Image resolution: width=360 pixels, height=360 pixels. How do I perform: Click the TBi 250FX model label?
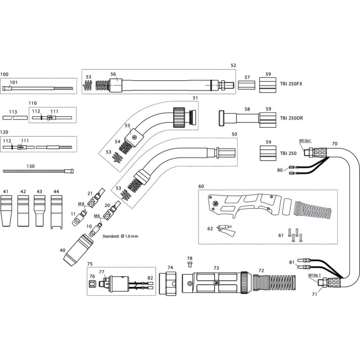point(291,84)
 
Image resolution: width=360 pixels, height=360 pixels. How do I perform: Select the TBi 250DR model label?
point(292,118)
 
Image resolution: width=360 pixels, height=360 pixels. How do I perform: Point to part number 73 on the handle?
point(216,268)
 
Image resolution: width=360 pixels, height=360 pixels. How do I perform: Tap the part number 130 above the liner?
point(30,166)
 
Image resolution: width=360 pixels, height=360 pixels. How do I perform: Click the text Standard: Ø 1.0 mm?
point(121,236)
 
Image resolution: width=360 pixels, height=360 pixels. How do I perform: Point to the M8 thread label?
point(81,204)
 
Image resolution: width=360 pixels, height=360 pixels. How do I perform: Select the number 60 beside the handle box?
point(201,186)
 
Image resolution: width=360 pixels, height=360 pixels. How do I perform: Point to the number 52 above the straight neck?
point(233,66)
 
